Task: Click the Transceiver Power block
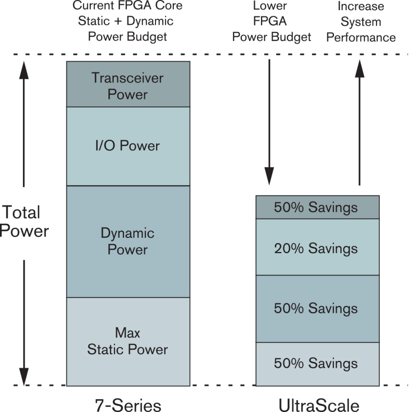tap(128, 85)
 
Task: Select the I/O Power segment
tap(128, 147)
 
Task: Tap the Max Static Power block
tap(128, 342)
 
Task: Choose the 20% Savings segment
tap(318, 247)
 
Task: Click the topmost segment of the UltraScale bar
tap(318, 207)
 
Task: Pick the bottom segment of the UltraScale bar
tap(318, 364)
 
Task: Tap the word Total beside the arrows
tap(21, 212)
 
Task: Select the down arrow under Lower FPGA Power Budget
tap(269, 122)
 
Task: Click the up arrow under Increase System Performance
tap(360, 122)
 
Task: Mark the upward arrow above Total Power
tap(24, 124)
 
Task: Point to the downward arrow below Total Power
tap(24, 323)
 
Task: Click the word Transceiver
tap(128, 78)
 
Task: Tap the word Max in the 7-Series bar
tap(128, 333)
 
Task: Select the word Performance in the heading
tap(361, 37)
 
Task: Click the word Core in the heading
tap(169, 5)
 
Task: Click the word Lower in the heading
tap(270, 6)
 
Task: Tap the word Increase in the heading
tap(361, 6)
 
